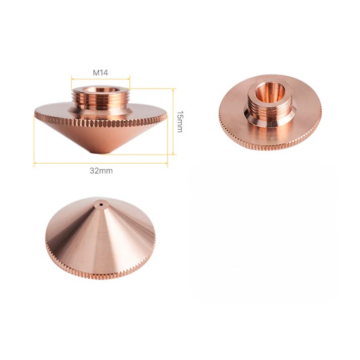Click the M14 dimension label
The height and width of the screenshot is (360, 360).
[x=100, y=73]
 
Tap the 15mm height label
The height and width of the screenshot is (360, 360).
[x=180, y=122]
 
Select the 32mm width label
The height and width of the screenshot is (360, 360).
[x=101, y=171]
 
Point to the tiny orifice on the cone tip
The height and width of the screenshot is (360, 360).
[x=100, y=204]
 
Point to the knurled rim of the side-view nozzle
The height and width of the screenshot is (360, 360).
[x=100, y=123]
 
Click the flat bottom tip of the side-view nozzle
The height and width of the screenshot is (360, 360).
[x=100, y=152]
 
